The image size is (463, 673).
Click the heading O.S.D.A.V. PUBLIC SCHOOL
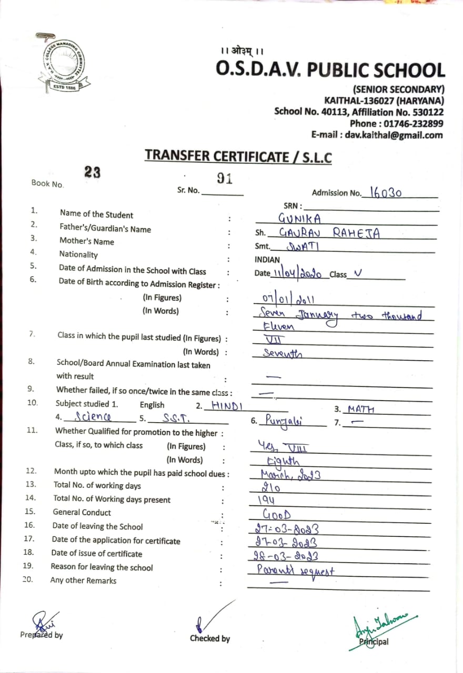(330, 70)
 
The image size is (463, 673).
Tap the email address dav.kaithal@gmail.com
(394, 135)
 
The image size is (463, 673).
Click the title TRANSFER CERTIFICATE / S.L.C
(238, 156)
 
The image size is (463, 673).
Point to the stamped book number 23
(92, 172)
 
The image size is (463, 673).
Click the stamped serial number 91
(225, 179)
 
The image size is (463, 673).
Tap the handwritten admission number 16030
(386, 192)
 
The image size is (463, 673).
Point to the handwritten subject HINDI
(227, 405)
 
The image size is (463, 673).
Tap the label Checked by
(209, 638)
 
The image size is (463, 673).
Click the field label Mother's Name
(86, 242)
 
